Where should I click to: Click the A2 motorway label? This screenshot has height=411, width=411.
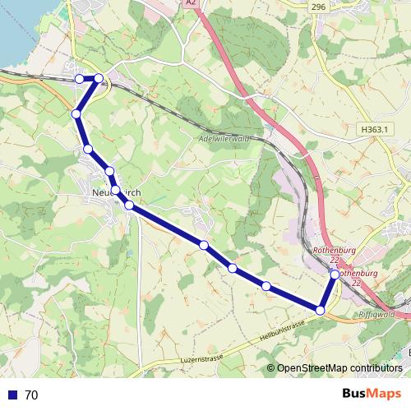(191, 3)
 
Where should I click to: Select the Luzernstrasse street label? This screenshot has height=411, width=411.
(200, 357)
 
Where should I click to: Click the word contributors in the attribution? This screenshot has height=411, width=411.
(377, 368)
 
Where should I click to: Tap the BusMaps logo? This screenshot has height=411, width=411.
(371, 394)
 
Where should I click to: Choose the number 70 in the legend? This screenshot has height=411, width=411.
(31, 395)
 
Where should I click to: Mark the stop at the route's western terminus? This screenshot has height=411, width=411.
(79, 78)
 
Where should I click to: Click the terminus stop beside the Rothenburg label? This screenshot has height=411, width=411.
(335, 275)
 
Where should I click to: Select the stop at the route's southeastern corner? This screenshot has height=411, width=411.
(321, 310)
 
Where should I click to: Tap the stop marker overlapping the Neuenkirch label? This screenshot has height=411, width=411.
(116, 190)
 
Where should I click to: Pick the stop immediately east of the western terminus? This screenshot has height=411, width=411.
(99, 78)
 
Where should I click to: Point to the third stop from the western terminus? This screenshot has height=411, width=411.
(76, 113)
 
